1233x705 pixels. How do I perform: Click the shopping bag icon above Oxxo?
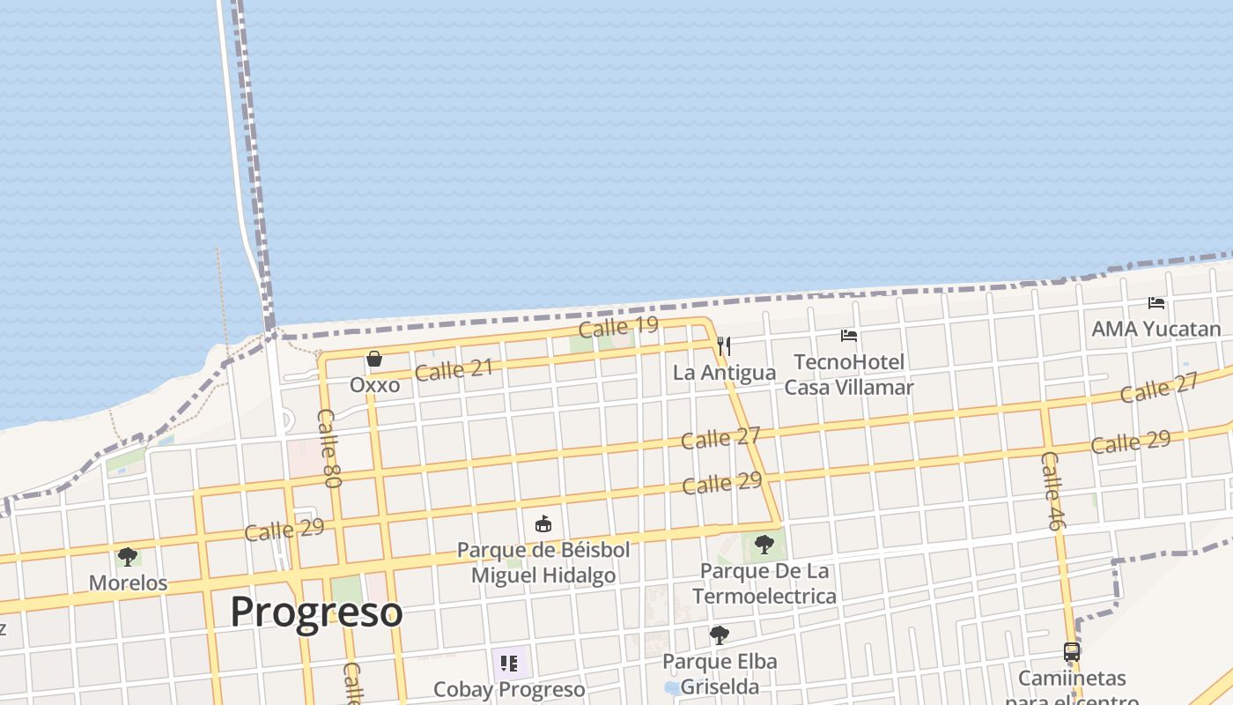pyautogui.click(x=374, y=359)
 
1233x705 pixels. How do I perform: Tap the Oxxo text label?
pyautogui.click(x=374, y=385)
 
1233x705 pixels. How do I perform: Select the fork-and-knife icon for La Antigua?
pyautogui.click(x=724, y=345)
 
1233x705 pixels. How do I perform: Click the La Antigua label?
pyautogui.click(x=724, y=373)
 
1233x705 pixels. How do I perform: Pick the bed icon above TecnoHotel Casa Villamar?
pyautogui.click(x=849, y=336)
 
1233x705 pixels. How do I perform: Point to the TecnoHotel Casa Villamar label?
pyautogui.click(x=849, y=375)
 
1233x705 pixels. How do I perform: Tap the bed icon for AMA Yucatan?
pyautogui.click(x=1156, y=303)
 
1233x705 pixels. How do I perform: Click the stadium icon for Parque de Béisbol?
pyautogui.click(x=543, y=524)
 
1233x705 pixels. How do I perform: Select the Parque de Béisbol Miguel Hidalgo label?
pyautogui.click(x=543, y=562)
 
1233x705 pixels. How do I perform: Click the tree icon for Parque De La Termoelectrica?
pyautogui.click(x=764, y=544)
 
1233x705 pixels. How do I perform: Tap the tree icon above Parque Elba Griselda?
pyautogui.click(x=720, y=634)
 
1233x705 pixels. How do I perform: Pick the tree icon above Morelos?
pyautogui.click(x=128, y=557)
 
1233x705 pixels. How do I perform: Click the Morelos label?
pyautogui.click(x=128, y=583)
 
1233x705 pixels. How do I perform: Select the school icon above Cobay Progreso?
pyautogui.click(x=508, y=663)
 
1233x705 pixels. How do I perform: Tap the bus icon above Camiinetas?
pyautogui.click(x=1072, y=652)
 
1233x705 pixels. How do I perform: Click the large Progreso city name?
pyautogui.click(x=317, y=612)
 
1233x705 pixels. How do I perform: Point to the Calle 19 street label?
pyautogui.click(x=618, y=327)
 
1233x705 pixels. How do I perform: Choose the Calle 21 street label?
pyautogui.click(x=454, y=370)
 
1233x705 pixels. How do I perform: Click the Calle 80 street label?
pyautogui.click(x=329, y=449)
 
